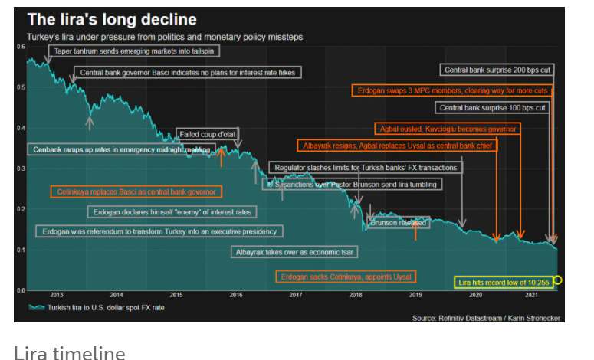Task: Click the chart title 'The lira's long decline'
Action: pyautogui.click(x=112, y=19)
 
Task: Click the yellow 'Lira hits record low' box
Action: pyautogui.click(x=504, y=283)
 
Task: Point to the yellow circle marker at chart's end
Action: pyautogui.click(x=558, y=280)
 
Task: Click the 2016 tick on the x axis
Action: pyautogui.click(x=236, y=295)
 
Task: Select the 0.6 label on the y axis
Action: pyautogui.click(x=21, y=47)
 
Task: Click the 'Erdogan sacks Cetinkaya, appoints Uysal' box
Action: pyautogui.click(x=346, y=276)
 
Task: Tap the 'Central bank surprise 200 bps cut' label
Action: pyautogui.click(x=498, y=70)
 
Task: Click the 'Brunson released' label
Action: pyautogui.click(x=399, y=223)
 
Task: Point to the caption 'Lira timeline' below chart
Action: pyautogui.click(x=69, y=352)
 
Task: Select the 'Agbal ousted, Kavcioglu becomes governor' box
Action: pyautogui.click(x=448, y=129)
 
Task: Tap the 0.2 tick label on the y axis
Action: pyautogui.click(x=21, y=209)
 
